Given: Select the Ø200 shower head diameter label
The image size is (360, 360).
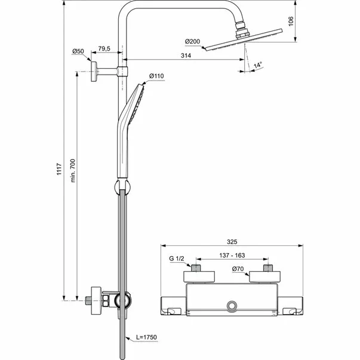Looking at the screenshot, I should tap(193, 41).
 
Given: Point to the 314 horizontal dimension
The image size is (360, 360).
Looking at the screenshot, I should tap(186, 56).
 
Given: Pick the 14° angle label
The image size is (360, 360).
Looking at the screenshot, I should tap(257, 66).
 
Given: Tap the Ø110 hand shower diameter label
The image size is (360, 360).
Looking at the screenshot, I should tap(156, 76).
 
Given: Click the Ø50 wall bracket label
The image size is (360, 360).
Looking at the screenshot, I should tap(78, 51).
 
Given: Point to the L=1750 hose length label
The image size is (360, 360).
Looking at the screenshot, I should tap(145, 338).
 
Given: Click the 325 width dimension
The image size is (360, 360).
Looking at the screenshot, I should tap(232, 242).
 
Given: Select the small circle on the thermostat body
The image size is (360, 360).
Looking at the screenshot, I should tap(232, 306).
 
